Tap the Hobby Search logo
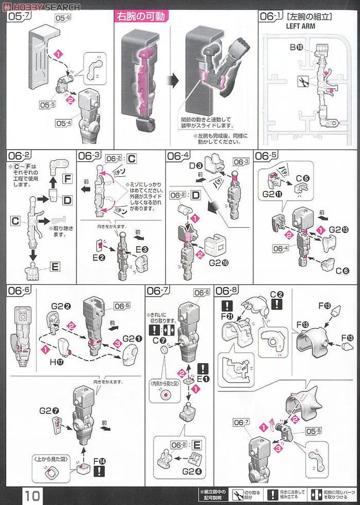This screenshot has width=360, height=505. click(x=41, y=7)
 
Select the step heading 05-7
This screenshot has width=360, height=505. click(x=19, y=18)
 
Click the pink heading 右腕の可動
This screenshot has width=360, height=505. click(x=141, y=17)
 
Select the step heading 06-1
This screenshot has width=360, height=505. click(x=271, y=17)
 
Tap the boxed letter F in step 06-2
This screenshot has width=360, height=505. click(x=68, y=179)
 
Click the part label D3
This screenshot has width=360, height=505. click(x=195, y=165)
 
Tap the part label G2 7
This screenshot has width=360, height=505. click(x=47, y=411)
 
